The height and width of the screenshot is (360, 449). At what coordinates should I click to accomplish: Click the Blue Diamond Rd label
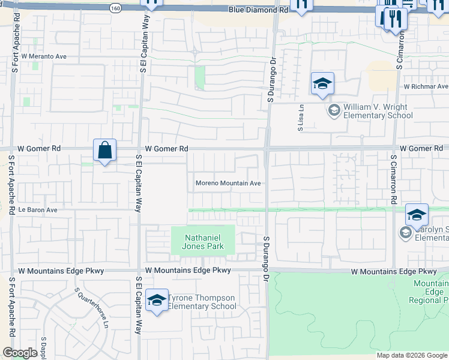pos(258,10)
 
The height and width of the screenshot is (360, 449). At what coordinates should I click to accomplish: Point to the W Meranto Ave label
pos(43,56)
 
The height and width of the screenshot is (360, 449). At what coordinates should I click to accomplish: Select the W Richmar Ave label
pos(426,86)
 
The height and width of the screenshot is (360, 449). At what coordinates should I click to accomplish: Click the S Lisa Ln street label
pos(302,118)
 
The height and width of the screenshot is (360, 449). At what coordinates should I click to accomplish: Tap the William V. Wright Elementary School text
pos(375,112)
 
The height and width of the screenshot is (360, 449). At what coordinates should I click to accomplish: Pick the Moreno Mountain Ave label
pos(228,184)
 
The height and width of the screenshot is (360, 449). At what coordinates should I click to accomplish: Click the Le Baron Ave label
pos(37,210)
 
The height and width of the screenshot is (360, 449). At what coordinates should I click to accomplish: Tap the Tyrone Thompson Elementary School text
pos(202,302)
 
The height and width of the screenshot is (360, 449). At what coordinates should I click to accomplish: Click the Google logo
pos(20,353)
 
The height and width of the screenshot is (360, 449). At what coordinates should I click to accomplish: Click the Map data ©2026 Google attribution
pos(412,355)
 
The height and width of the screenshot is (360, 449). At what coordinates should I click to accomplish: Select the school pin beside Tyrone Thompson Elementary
pos(157,301)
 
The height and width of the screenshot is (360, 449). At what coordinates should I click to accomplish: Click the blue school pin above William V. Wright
pos(322,85)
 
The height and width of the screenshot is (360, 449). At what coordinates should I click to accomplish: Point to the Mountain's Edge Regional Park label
pos(430,292)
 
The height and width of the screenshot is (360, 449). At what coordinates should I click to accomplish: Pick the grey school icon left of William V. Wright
pos(334,110)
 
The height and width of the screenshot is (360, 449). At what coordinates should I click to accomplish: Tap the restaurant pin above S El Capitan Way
pos(152,3)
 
